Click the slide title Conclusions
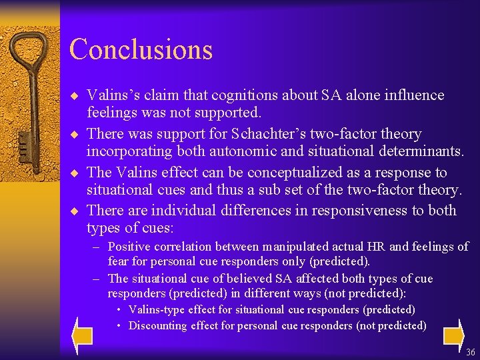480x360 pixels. click(x=141, y=49)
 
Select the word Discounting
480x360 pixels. click(x=158, y=326)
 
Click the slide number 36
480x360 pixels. click(x=471, y=352)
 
